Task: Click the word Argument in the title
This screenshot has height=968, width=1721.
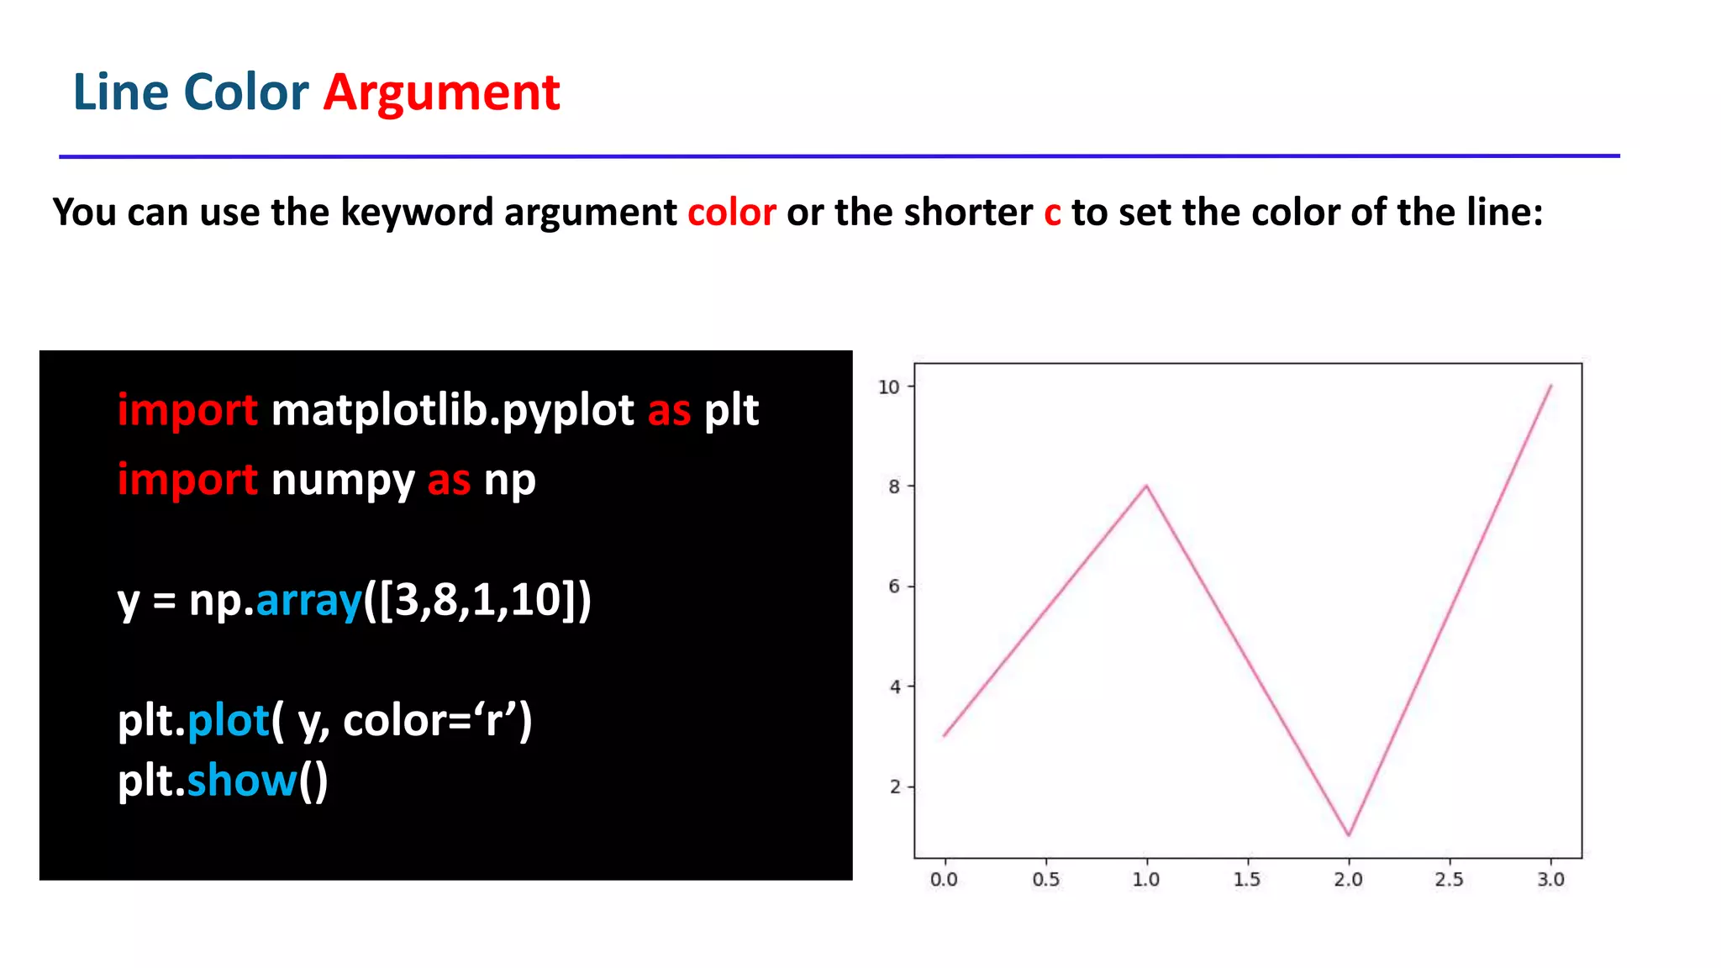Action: pyautogui.click(x=441, y=92)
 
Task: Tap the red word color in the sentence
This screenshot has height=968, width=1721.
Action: pyautogui.click(x=731, y=212)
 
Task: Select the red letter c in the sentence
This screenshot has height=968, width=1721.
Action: pyautogui.click(x=1052, y=213)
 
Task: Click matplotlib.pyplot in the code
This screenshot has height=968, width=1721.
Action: pyautogui.click(x=452, y=411)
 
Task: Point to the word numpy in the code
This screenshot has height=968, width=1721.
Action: pyautogui.click(x=343, y=481)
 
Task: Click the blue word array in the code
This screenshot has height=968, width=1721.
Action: pyautogui.click(x=308, y=600)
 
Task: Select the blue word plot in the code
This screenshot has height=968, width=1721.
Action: pyautogui.click(x=228, y=721)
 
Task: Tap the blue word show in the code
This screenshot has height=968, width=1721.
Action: pyautogui.click(x=241, y=781)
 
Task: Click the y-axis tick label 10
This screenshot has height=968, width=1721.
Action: pyautogui.click(x=888, y=387)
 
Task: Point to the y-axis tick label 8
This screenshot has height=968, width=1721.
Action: pyautogui.click(x=894, y=487)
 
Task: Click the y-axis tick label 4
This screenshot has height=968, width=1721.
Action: pyautogui.click(x=894, y=687)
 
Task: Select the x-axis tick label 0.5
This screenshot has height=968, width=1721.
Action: pyautogui.click(x=1045, y=880)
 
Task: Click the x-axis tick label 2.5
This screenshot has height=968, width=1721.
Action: pyautogui.click(x=1449, y=880)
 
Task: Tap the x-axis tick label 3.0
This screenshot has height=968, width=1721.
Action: pyautogui.click(x=1550, y=880)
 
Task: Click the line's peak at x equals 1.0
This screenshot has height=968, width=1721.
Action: pyautogui.click(x=1146, y=486)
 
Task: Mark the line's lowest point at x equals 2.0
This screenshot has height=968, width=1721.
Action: pyautogui.click(x=1349, y=835)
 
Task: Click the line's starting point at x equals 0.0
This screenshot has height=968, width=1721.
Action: pyautogui.click(x=945, y=736)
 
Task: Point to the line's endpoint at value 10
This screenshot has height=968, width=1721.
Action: pyautogui.click(x=1550, y=386)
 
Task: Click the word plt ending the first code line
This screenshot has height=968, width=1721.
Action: pyautogui.click(x=731, y=411)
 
